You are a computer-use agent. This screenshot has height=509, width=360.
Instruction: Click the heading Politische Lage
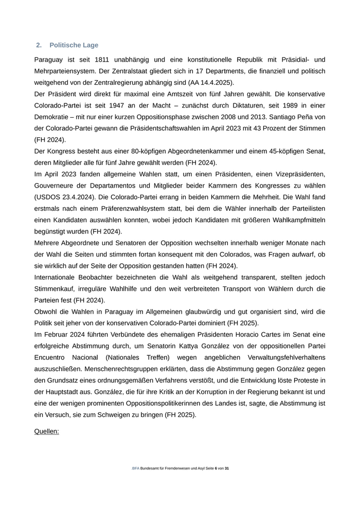tap(74, 45)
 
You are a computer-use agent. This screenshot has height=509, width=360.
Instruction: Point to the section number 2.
tap(39, 45)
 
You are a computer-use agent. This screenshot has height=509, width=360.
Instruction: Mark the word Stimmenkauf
tap(53, 289)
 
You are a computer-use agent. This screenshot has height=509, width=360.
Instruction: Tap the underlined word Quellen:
tap(46, 431)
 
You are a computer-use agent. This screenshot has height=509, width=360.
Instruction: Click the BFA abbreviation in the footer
tap(136, 469)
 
